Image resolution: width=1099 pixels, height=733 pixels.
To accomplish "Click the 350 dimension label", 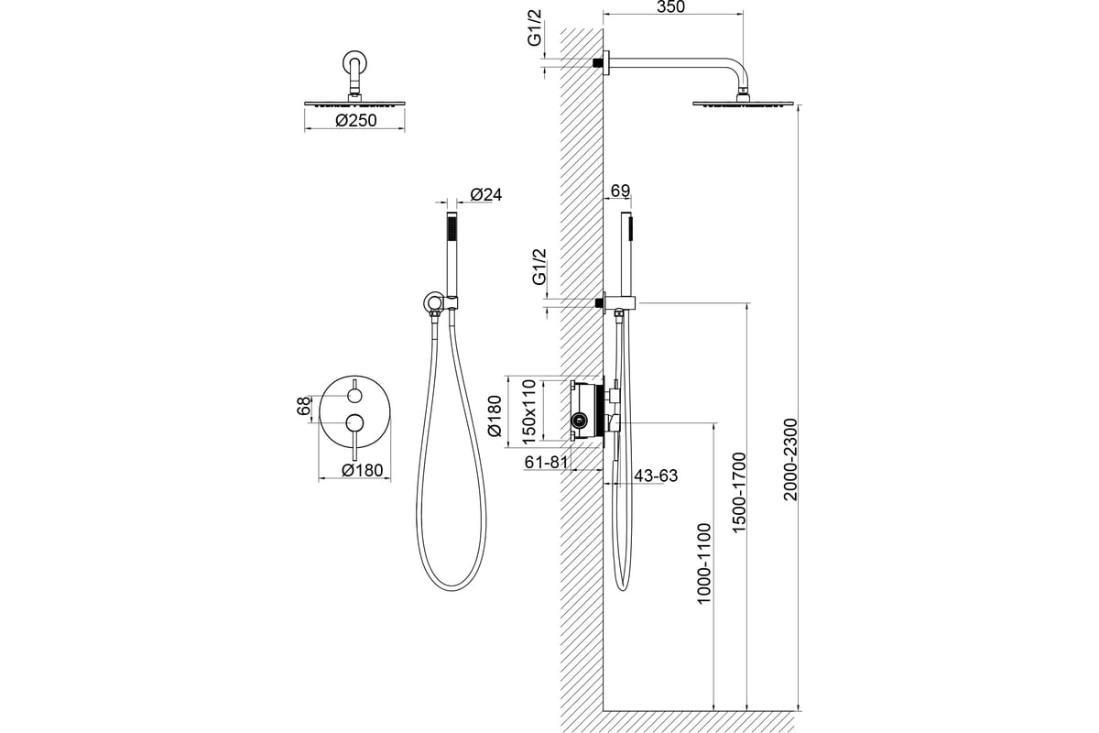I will point(671,8).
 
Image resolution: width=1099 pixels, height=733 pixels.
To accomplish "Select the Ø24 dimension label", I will point(486,194).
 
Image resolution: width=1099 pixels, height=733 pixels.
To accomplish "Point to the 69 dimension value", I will point(619,191).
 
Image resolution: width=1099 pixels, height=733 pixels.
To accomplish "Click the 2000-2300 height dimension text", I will point(792,459).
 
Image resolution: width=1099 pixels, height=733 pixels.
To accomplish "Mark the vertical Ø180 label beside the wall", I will point(494,417).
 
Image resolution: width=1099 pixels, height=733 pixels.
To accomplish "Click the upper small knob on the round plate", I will point(354,396).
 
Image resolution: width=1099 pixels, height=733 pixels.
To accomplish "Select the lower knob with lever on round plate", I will point(354,422).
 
